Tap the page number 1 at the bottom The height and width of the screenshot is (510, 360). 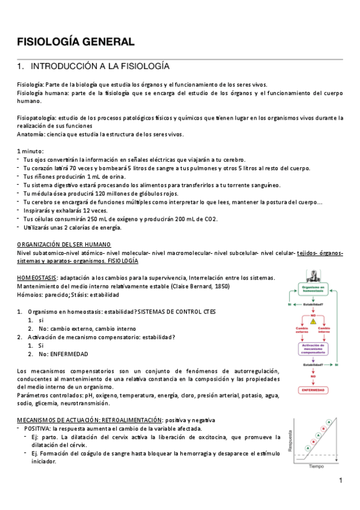pos(340,481)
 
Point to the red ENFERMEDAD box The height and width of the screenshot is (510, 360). pos(313,390)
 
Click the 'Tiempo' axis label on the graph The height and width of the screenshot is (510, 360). pos(316,466)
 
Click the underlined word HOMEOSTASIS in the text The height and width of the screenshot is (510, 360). pos(37,277)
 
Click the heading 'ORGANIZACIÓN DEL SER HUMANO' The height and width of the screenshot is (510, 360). pos(64,244)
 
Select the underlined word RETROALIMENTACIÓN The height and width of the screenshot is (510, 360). pos(126,419)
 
